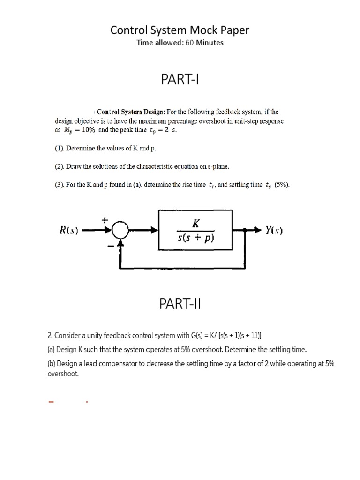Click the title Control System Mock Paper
click(180, 30)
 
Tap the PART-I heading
click(180, 80)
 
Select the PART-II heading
click(180, 305)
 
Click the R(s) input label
click(68, 230)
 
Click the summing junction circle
click(121, 230)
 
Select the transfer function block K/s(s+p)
click(196, 230)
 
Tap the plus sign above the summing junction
click(105, 219)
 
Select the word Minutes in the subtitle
click(210, 43)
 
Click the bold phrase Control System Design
click(131, 112)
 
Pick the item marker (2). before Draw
click(60, 166)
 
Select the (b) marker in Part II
click(52, 364)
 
